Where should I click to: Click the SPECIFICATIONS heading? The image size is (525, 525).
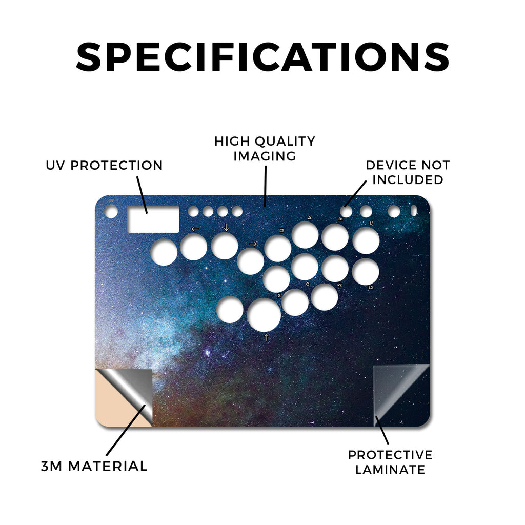(x=263, y=57)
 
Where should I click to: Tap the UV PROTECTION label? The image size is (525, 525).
(x=104, y=166)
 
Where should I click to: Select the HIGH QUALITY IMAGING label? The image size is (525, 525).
(x=265, y=149)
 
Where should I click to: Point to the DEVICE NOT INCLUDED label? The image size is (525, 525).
(x=408, y=172)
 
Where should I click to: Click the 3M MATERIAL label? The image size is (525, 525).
(x=94, y=467)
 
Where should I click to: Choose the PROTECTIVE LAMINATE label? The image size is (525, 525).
(x=390, y=462)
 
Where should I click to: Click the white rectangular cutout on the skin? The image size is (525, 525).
(x=153, y=219)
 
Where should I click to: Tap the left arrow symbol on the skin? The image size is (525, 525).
(x=195, y=229)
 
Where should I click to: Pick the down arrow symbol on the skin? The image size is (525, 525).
(x=226, y=227)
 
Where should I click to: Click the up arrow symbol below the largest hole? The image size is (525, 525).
(x=267, y=337)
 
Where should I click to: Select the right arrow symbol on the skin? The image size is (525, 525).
(x=253, y=244)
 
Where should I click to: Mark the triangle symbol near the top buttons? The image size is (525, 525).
(x=310, y=217)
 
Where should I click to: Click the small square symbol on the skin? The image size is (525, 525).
(x=281, y=230)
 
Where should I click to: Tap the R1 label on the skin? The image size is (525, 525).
(x=340, y=219)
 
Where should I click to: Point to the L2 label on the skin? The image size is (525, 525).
(x=371, y=287)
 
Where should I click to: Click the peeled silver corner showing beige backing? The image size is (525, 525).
(x=124, y=397)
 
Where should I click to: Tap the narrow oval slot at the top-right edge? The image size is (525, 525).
(x=414, y=211)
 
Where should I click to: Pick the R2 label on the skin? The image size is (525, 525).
(x=339, y=285)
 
